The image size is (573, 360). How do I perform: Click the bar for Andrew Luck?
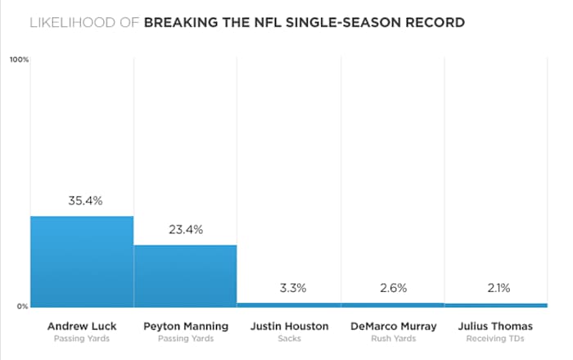point(82,261)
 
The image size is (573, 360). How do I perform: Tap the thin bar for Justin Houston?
point(288,304)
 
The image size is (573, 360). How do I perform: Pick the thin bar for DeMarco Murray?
point(392,304)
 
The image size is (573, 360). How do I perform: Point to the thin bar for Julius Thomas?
point(495,305)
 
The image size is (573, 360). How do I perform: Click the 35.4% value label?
point(82,200)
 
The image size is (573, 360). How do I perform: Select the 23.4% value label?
point(185,230)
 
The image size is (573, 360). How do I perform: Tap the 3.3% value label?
point(288,288)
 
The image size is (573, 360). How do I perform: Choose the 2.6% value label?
point(392,288)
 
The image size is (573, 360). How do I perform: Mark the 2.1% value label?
point(495,288)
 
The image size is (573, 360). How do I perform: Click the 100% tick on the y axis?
point(19,60)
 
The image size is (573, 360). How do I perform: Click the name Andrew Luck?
point(82,326)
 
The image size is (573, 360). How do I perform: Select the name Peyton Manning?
point(185,326)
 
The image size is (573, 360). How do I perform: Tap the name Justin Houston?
point(288,326)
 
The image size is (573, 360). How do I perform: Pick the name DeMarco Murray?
point(392,326)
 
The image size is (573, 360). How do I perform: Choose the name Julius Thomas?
point(495,326)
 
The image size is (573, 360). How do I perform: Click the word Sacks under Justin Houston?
point(288,338)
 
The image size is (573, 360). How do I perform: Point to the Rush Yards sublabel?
point(392,338)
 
